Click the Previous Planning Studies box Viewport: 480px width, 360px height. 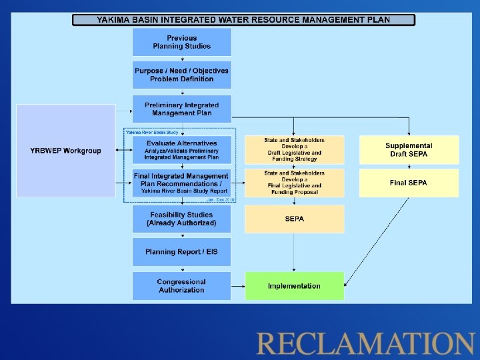[181, 42]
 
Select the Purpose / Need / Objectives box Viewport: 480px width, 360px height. [181, 75]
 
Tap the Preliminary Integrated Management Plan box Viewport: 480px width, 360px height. [181, 109]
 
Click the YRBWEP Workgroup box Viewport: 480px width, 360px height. [65, 151]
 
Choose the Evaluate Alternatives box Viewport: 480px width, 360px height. [181, 150]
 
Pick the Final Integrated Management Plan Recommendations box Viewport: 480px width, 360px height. [181, 183]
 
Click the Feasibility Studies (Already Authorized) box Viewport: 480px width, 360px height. [181, 219]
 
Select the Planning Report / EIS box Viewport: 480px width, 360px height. [181, 252]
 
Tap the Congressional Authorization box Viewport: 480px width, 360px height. [181, 286]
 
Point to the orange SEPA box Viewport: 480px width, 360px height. [294, 219]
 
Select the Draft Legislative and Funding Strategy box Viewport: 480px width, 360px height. [294, 150]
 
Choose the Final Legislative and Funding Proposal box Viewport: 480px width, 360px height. [294, 183]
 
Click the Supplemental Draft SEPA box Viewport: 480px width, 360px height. [409, 150]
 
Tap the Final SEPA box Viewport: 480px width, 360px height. [409, 183]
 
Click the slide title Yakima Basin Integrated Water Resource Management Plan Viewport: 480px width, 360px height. [243, 20]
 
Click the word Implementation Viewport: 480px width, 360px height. [294, 287]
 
